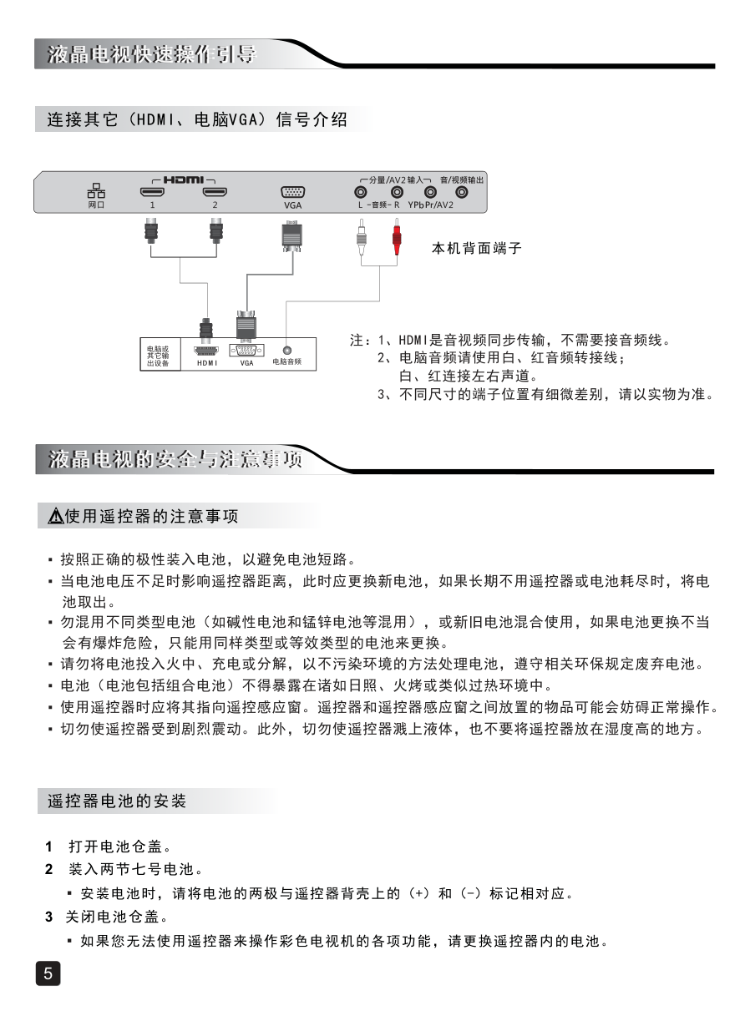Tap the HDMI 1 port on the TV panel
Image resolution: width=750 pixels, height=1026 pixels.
tap(152, 193)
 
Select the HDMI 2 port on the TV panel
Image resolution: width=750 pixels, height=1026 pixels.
tap(215, 193)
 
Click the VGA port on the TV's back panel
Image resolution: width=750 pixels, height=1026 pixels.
tap(292, 192)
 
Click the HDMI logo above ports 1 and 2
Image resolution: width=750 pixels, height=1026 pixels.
tap(183, 179)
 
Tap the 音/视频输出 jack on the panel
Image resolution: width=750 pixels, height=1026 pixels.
tap(461, 193)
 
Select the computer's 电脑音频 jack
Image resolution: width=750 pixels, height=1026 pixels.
tap(286, 351)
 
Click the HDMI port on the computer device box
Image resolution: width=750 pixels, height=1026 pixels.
tap(206, 351)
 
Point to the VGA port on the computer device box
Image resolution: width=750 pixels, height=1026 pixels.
tap(246, 351)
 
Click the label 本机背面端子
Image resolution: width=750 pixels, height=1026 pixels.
tap(476, 248)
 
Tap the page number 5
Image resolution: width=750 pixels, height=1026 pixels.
tap(48, 973)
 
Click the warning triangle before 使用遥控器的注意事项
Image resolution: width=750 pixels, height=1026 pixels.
tap(54, 518)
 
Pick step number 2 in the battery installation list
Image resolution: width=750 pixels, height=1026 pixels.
tap(49, 870)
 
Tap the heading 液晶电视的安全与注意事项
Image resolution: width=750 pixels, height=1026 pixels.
tap(175, 459)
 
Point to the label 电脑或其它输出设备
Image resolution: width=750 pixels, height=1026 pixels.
tap(158, 356)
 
